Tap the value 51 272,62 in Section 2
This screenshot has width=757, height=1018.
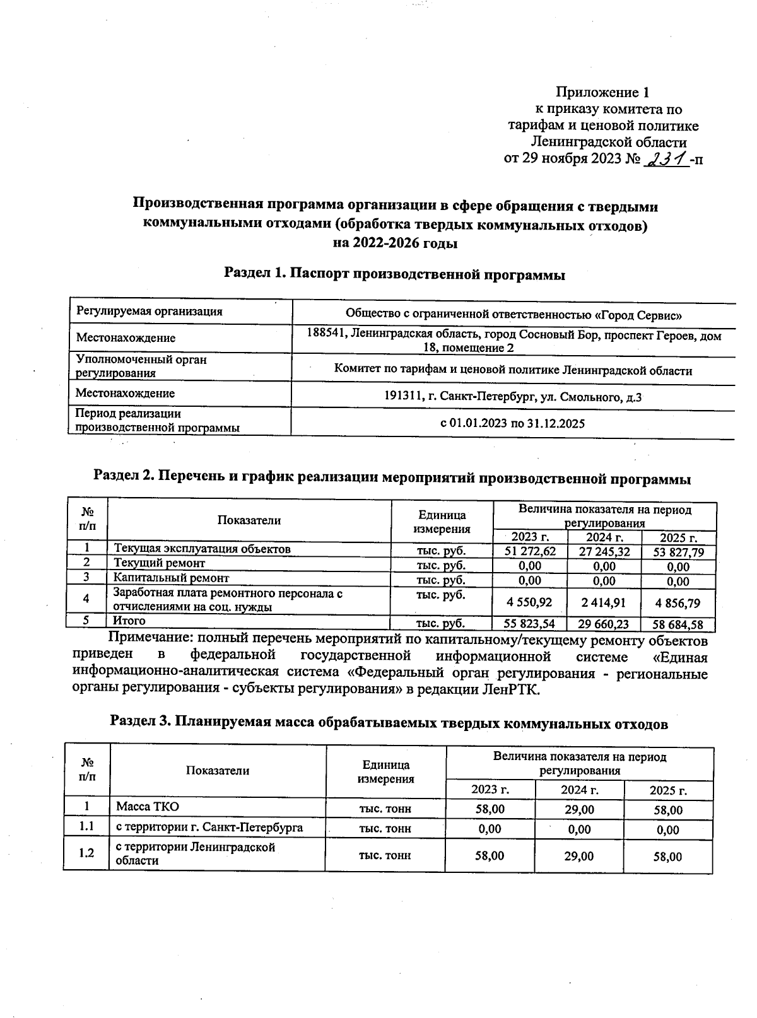(530, 551)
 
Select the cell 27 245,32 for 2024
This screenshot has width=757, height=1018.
(604, 551)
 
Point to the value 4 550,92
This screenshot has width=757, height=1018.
(530, 602)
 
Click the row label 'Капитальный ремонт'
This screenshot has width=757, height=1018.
(171, 577)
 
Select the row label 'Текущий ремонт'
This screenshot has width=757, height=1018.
(159, 563)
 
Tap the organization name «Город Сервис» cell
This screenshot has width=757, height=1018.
(513, 314)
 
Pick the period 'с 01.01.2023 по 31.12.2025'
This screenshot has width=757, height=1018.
(512, 423)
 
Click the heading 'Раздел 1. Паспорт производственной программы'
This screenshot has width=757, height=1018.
(394, 274)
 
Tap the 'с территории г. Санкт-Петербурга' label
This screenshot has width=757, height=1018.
(209, 828)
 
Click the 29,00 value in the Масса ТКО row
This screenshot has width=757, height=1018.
(578, 809)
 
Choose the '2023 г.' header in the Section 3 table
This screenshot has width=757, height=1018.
(490, 790)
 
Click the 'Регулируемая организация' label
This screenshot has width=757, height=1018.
(149, 311)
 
